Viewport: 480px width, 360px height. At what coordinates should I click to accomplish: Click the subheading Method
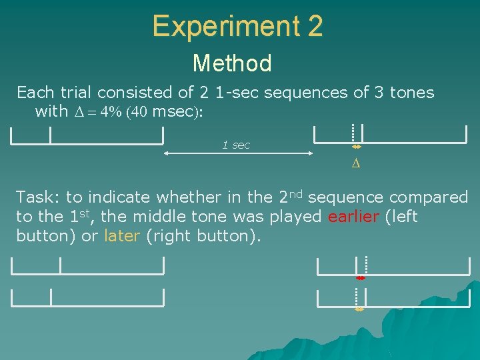pos(232,63)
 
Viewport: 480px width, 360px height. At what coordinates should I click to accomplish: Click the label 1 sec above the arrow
pos(236,145)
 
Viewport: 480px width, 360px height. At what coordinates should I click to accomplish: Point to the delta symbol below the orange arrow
pos(356,163)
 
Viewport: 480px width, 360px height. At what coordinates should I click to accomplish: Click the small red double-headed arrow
pos(361,278)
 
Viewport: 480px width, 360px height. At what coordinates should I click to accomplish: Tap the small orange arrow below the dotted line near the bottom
pos(359,309)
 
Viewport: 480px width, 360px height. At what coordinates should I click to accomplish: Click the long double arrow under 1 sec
pos(239,155)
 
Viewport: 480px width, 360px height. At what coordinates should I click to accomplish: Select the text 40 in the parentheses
pos(138,112)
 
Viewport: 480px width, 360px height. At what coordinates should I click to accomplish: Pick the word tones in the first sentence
pos(412,93)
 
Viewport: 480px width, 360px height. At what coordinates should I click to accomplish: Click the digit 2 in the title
pos(315,27)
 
